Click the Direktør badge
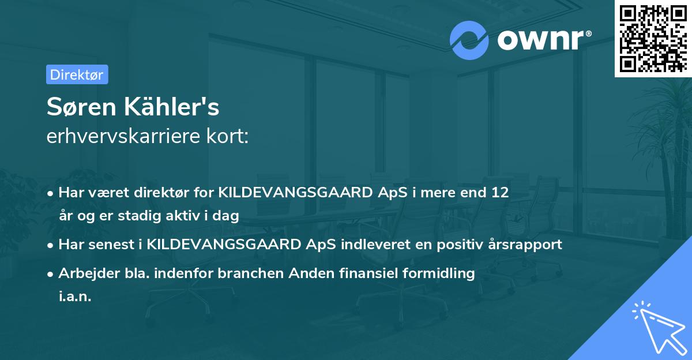[77, 74]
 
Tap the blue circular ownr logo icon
[469, 39]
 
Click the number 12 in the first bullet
[499, 193]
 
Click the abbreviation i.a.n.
[75, 296]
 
